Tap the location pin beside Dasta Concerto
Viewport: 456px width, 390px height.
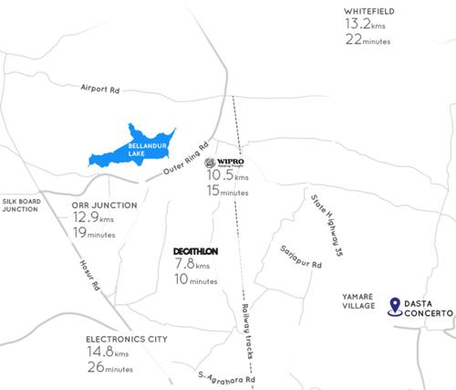[x=393, y=307]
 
